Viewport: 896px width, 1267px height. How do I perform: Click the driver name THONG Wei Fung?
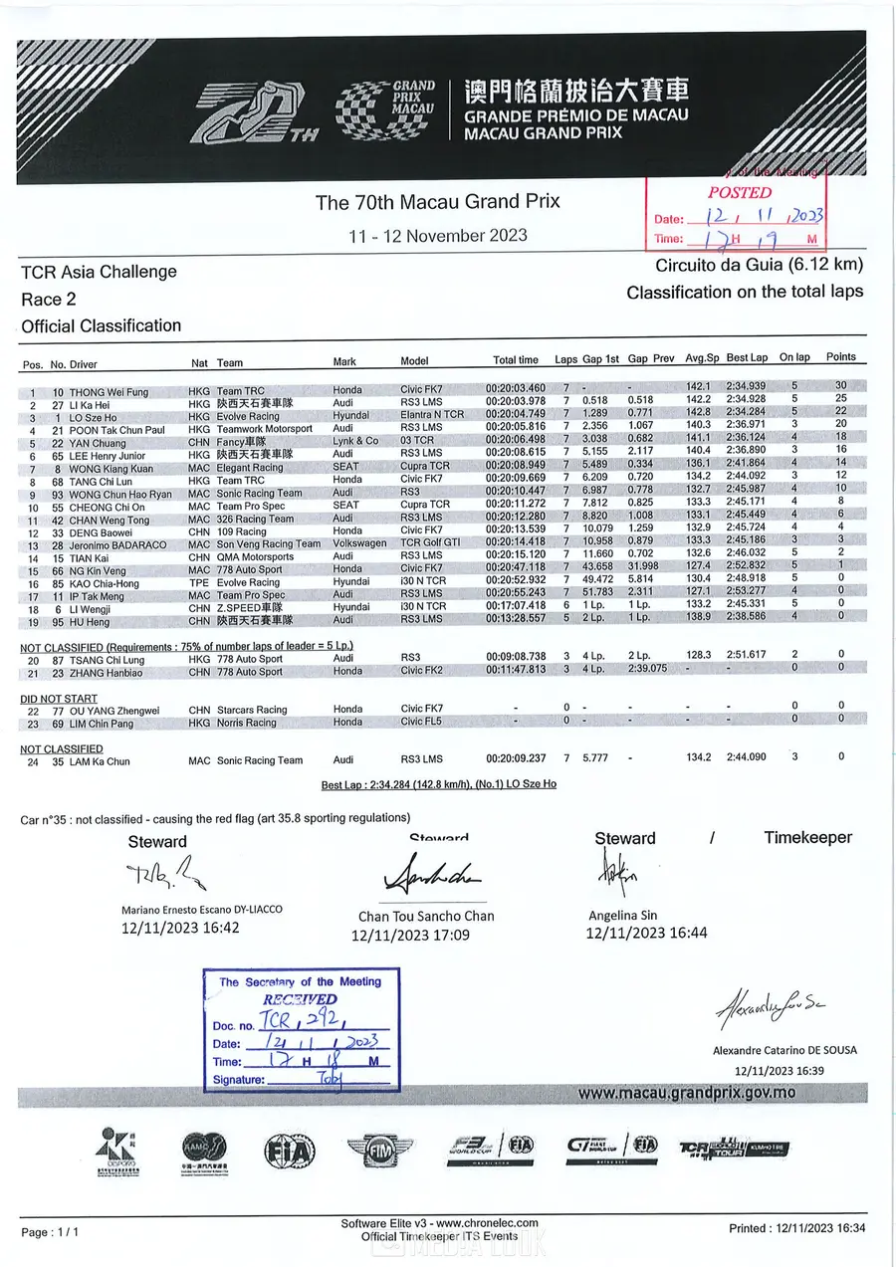pyautogui.click(x=108, y=392)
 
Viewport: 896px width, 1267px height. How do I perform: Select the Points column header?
pyautogui.click(x=841, y=357)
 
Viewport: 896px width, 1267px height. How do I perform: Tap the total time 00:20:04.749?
pyautogui.click(x=516, y=415)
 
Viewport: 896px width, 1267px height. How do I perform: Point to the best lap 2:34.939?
pyautogui.click(x=747, y=386)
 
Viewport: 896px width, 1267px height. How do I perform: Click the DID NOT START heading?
pyautogui.click(x=59, y=699)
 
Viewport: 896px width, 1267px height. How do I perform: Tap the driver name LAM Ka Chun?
pyautogui.click(x=99, y=761)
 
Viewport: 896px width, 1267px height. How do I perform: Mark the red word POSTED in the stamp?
pyautogui.click(x=740, y=192)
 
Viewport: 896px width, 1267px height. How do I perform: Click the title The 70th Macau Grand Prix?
pyautogui.click(x=438, y=202)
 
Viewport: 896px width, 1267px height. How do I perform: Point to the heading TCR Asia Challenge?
pyautogui.click(x=99, y=272)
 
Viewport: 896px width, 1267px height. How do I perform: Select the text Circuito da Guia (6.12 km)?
pyautogui.click(x=759, y=266)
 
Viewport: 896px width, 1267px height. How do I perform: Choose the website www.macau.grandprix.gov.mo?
pyautogui.click(x=686, y=1093)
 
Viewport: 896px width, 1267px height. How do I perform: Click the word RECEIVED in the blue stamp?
pyautogui.click(x=300, y=998)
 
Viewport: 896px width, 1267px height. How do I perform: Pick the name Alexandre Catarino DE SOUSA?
pyautogui.click(x=784, y=1050)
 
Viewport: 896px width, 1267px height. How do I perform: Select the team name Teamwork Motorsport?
pyautogui.click(x=265, y=429)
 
